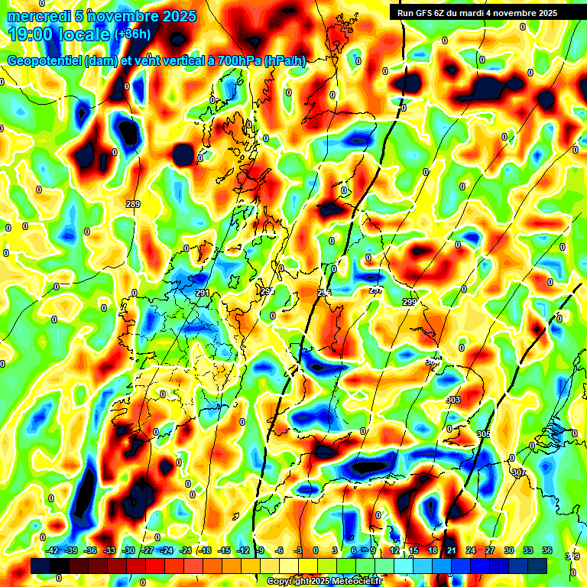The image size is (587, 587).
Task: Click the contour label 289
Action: pyautogui.click(x=133, y=204)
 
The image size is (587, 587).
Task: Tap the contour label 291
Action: pyautogui.click(x=202, y=293)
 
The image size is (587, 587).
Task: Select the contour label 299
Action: pyautogui.click(x=409, y=303)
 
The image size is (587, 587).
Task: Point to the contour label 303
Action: pyautogui.click(x=452, y=401)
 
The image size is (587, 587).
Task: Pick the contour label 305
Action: pyautogui.click(x=483, y=434)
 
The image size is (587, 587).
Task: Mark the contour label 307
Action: pyautogui.click(x=519, y=472)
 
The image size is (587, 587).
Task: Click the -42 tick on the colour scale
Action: pyautogui.click(x=53, y=550)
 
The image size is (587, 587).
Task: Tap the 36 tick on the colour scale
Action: pyautogui.click(x=546, y=550)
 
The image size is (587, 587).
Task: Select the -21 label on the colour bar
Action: pyautogui.click(x=185, y=550)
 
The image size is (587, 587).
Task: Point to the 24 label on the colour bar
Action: pyautogui.click(x=471, y=550)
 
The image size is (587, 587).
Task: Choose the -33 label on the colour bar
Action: pyautogui.click(x=109, y=550)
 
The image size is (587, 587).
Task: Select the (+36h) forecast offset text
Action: pyautogui.click(x=132, y=34)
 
